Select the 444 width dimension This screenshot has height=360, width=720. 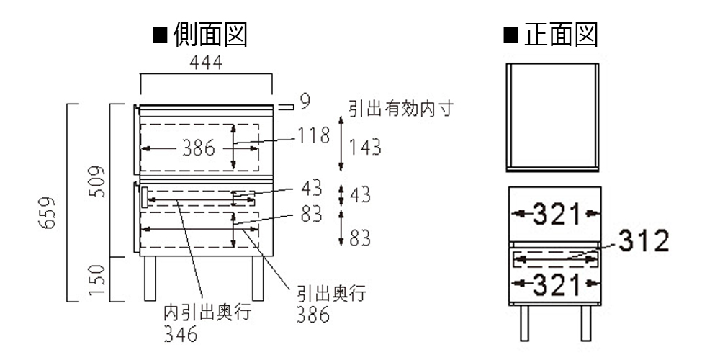205,63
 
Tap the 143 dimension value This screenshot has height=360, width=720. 365,148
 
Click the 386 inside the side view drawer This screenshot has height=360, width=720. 197,148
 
